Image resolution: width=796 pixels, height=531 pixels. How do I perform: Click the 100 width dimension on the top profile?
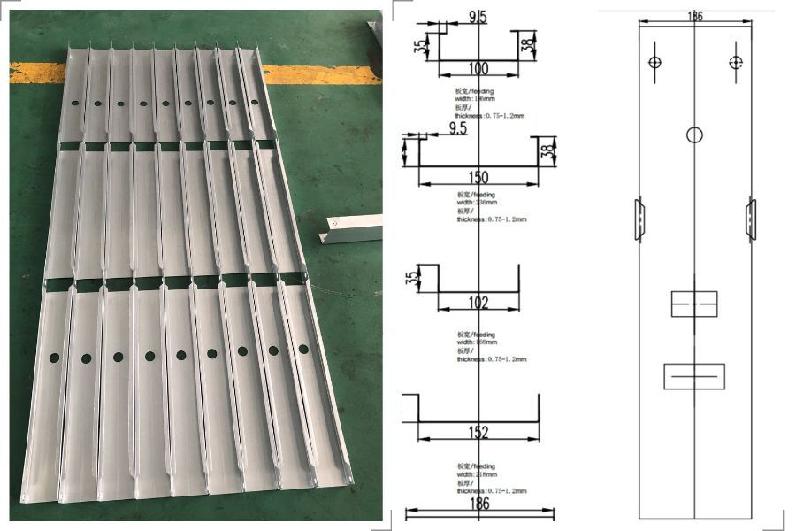click(478, 68)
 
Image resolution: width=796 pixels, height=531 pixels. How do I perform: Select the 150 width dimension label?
click(478, 178)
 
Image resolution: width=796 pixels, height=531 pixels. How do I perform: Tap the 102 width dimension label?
click(478, 303)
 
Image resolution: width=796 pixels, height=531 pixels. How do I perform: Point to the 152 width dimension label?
click(478, 432)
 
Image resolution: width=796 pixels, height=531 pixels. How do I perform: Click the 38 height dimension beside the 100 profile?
click(527, 43)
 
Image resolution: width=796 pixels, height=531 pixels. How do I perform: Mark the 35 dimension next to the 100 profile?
click(418, 44)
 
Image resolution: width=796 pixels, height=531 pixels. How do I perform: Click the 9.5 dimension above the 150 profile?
click(457, 128)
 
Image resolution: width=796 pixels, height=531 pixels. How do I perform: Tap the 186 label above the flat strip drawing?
click(694, 15)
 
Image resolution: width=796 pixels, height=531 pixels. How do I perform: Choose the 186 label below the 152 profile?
click(478, 504)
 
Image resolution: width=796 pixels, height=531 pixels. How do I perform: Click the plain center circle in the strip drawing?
click(694, 135)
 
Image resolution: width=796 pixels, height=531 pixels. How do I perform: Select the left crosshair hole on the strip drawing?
click(654, 62)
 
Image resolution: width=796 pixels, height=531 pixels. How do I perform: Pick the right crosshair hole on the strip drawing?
click(736, 62)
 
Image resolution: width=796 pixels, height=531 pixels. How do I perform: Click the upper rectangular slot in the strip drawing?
click(694, 304)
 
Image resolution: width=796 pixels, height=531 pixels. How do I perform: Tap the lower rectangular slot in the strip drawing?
click(694, 376)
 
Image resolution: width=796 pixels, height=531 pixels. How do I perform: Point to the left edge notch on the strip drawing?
click(639, 219)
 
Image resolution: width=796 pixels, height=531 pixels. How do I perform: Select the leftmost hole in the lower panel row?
click(54, 358)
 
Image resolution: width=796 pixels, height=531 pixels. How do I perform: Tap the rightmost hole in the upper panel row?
click(255, 102)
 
